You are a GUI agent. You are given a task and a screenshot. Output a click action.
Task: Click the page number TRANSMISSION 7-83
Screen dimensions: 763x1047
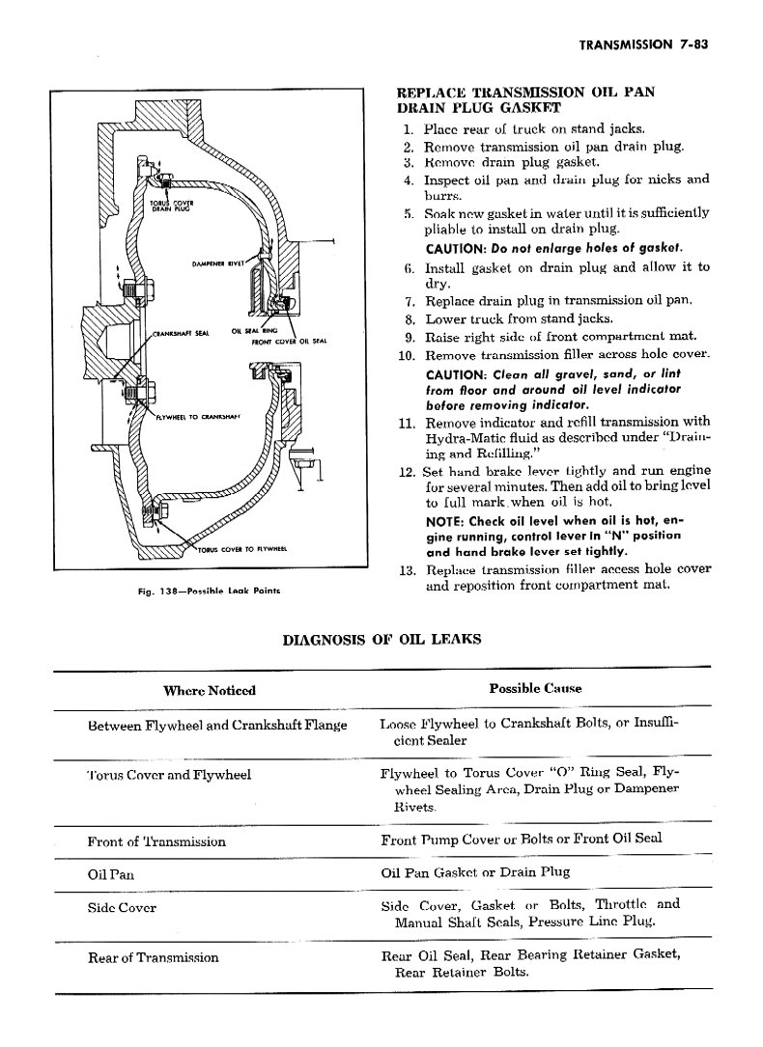pos(643,44)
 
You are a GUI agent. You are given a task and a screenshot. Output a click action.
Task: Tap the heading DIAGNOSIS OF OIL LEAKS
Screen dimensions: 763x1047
pos(381,640)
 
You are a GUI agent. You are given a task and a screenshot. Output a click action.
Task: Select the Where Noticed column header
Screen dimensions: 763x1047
pos(210,690)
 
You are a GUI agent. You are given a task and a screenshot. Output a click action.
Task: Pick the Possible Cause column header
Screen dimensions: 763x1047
pos(535,688)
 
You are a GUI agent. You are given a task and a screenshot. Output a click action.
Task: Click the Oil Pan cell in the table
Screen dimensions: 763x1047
pos(111,874)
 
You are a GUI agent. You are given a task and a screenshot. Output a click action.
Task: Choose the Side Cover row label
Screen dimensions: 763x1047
pos(122,907)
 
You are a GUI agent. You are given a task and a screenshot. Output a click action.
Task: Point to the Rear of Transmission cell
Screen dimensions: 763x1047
pos(153,957)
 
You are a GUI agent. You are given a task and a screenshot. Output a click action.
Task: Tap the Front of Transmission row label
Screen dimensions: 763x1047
pos(156,841)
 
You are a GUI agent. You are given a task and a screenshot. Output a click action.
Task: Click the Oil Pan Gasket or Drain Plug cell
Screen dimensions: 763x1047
pos(475,872)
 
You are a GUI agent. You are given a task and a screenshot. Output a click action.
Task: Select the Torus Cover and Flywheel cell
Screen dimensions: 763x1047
pos(169,775)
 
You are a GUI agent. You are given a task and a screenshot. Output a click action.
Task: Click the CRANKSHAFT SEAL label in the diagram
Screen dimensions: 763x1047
pos(182,333)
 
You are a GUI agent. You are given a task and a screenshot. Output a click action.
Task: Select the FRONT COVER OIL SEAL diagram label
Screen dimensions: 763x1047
pos(290,342)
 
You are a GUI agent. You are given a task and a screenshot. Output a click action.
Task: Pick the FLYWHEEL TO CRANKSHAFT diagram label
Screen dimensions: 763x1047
pos(198,417)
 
